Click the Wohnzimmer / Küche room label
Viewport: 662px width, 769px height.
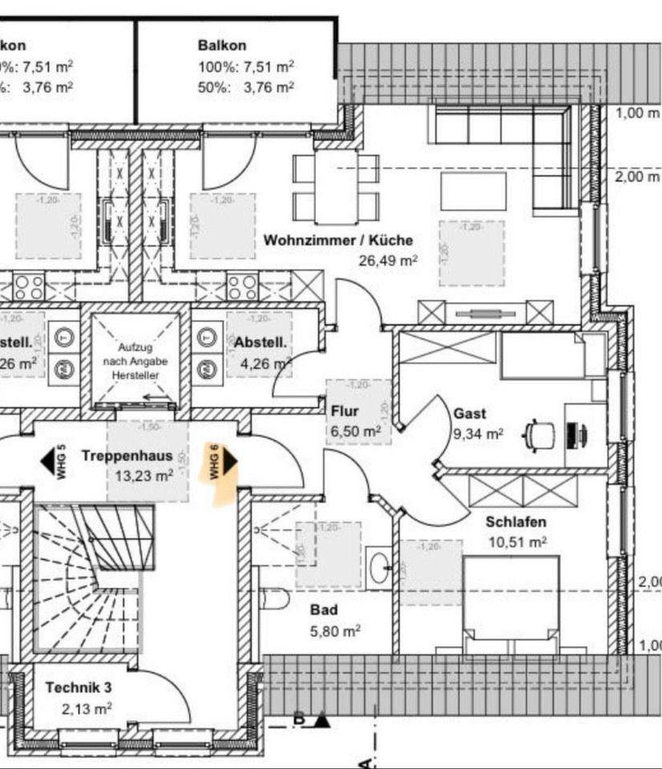(338, 240)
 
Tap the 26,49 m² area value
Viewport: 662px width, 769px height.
(389, 260)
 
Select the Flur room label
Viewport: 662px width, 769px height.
(344, 412)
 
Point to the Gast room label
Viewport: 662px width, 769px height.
(470, 414)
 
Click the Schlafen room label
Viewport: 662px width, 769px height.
(516, 522)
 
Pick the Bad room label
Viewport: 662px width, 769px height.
(323, 610)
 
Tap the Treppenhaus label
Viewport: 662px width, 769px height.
(127, 456)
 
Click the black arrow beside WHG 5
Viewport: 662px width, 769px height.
(47, 462)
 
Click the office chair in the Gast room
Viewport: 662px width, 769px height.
(539, 436)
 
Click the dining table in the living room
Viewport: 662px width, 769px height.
(336, 187)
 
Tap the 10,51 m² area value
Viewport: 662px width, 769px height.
(517, 542)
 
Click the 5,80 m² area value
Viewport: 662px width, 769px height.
(335, 631)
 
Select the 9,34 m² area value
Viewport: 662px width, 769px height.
(478, 434)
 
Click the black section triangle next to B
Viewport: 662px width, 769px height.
(322, 720)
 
